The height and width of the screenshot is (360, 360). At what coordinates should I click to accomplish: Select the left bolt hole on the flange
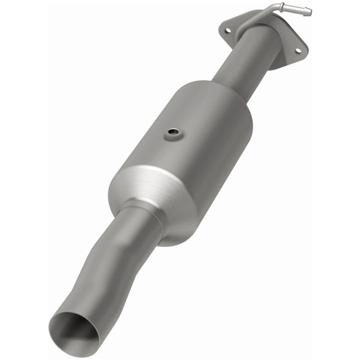228,31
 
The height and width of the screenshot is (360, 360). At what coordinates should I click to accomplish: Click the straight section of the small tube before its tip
295,8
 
